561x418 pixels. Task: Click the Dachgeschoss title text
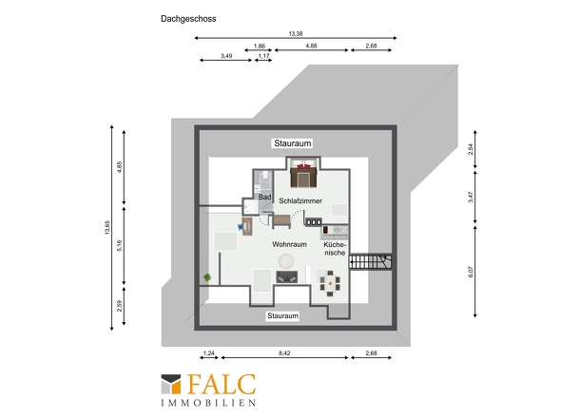click(188, 19)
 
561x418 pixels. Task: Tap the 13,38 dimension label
click(296, 33)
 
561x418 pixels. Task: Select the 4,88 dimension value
click(311, 46)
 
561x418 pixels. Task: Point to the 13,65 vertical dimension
click(107, 227)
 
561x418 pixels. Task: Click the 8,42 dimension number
click(284, 352)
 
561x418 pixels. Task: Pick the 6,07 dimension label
click(471, 272)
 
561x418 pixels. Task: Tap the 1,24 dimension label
click(208, 352)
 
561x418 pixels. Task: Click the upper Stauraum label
click(292, 143)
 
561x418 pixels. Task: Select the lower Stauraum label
click(282, 315)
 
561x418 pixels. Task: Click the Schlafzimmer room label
click(300, 201)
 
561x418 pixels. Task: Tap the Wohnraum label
click(289, 244)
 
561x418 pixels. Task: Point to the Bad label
click(264, 197)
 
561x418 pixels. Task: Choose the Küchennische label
click(335, 249)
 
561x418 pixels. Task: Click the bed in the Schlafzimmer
click(303, 173)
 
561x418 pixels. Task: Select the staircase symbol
click(370, 262)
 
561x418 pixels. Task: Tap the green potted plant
click(207, 277)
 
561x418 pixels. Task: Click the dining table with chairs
click(330, 283)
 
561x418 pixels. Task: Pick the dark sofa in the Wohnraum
click(286, 276)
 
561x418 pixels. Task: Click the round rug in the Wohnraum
click(286, 261)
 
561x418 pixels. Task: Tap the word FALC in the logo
click(222, 385)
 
